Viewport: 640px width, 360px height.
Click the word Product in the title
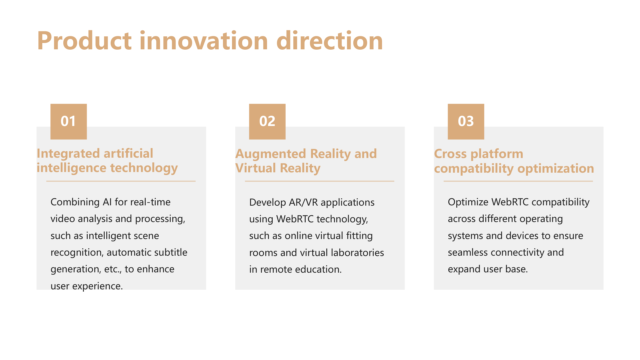(x=85, y=41)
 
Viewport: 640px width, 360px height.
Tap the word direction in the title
(x=330, y=41)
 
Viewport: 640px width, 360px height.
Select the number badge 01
(x=69, y=121)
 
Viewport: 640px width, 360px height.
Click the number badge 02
(x=267, y=121)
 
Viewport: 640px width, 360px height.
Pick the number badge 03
(x=466, y=121)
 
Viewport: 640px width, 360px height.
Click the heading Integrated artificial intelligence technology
(x=107, y=161)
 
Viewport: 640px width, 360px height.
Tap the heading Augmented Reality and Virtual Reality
(x=306, y=161)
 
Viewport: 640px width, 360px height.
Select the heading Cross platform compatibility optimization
(x=514, y=161)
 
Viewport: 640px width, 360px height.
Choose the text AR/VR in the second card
(x=303, y=202)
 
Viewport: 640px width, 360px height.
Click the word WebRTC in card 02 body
(x=295, y=219)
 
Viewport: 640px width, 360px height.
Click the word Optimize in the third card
(x=468, y=202)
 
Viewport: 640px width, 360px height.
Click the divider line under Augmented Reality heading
(x=320, y=181)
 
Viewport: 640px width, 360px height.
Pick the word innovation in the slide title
(x=204, y=41)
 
